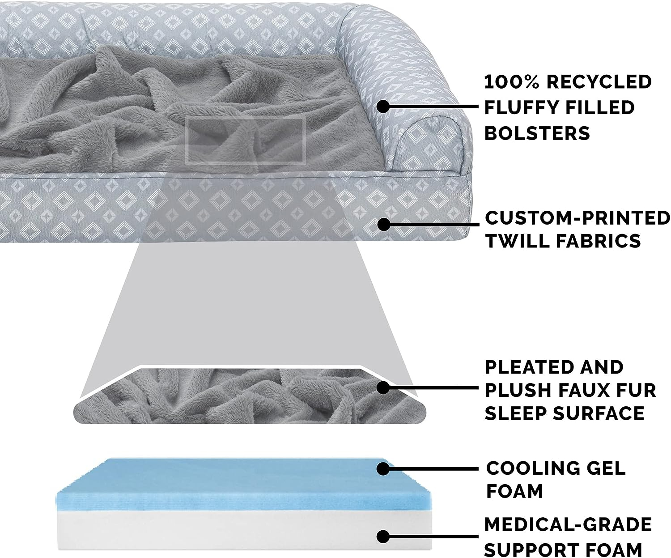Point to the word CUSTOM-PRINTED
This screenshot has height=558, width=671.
click(578, 218)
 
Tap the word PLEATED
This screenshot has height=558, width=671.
click(527, 367)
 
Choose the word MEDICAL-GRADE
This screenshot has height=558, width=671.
click(568, 524)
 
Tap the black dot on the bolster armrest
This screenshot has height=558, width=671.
click(383, 106)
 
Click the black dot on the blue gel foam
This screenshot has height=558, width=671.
click(383, 469)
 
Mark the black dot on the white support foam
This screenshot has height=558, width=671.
click(383, 537)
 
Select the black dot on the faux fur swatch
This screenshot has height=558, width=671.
click(383, 388)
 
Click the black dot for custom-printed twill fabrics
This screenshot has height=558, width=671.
click(383, 224)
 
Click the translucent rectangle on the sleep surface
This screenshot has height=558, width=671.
click(245, 141)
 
